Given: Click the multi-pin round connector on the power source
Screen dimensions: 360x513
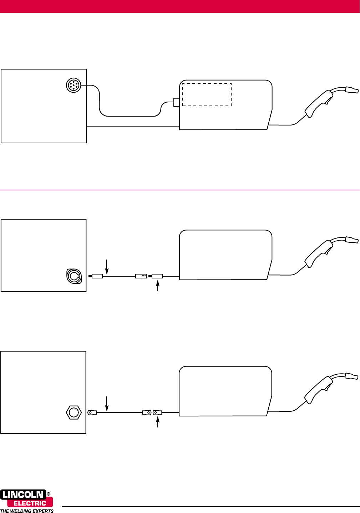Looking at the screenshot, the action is tap(73, 85).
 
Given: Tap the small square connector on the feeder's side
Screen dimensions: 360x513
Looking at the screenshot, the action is tap(177, 102).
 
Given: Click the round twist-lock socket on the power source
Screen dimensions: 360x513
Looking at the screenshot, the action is tap(74, 276).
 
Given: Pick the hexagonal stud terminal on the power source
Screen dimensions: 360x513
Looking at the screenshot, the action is tap(74, 412).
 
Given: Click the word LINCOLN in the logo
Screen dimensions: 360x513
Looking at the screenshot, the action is tap(23, 495).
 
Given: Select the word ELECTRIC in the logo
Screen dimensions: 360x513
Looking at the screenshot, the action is tap(30, 503).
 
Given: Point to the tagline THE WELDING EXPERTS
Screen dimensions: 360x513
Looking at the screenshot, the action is tap(27, 511).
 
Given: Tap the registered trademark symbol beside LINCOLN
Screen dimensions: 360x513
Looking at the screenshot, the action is tap(49, 494).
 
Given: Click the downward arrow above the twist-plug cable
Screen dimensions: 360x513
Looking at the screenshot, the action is tap(107, 267).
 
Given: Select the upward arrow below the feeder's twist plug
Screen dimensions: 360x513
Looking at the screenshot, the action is tap(158, 286).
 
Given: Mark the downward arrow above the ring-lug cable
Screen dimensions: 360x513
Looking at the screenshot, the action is tap(107, 404).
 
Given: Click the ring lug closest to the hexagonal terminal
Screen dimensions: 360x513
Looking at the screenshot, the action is tap(92, 412).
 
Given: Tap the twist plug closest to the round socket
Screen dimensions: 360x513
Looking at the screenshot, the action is tap(96, 276).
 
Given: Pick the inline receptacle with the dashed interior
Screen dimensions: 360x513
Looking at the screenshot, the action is tap(141, 276).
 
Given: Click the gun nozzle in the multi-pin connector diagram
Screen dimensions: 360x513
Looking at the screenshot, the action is tap(352, 90).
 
